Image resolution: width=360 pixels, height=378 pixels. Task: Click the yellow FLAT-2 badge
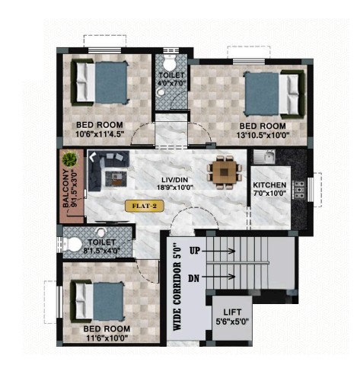tap(145, 206)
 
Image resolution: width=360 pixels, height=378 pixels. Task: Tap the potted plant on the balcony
tap(70, 159)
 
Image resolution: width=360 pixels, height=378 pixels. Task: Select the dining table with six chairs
tap(225, 172)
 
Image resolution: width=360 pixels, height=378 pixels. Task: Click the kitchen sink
tap(265, 156)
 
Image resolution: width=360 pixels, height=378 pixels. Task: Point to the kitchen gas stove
tap(299, 189)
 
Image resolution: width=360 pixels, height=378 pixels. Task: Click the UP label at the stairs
tap(195, 251)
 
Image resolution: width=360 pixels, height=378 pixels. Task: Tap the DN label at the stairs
tap(194, 278)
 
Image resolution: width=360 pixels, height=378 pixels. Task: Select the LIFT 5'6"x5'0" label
tap(232, 316)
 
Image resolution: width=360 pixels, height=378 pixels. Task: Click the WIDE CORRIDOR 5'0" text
tap(177, 287)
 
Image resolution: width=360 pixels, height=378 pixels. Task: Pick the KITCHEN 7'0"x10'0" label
tap(270, 189)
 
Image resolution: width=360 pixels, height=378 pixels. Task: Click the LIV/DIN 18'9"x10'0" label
tap(175, 184)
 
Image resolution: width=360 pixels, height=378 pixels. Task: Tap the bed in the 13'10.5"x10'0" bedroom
tap(275, 94)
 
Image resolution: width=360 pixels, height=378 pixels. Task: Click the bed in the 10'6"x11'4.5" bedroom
tap(100, 82)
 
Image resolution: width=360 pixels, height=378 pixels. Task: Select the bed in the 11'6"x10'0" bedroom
tap(97, 301)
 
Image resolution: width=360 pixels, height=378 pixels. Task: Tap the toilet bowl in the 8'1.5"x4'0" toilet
tap(73, 245)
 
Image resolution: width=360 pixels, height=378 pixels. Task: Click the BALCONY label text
tap(65, 188)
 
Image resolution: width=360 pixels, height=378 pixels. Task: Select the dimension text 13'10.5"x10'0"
tap(263, 135)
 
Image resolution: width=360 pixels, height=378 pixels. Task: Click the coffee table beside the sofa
tap(116, 178)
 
